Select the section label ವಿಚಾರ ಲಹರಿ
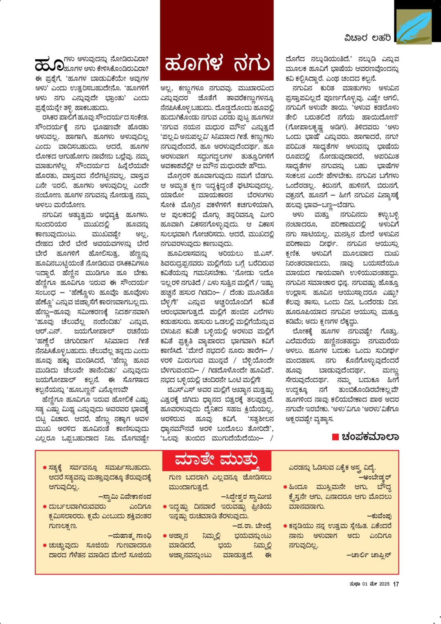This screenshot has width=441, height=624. pos(367,38)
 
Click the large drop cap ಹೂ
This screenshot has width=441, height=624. pos(49,65)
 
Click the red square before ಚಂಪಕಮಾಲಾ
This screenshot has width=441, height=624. pos(335,437)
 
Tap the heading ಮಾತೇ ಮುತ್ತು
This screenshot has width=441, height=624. pos(217,460)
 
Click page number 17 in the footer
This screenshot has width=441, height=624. pos(396,584)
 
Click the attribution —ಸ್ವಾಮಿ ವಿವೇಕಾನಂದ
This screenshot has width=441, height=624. pos(125,497)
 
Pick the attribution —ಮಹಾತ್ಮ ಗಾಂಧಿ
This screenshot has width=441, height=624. pos(130,536)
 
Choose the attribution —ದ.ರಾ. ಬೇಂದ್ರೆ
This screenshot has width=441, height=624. pos(252,526)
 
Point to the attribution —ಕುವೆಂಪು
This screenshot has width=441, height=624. pos(379,516)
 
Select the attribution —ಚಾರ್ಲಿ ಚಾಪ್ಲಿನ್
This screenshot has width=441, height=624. pos(369,555)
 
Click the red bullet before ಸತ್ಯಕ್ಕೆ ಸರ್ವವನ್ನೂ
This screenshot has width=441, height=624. pos(45,468)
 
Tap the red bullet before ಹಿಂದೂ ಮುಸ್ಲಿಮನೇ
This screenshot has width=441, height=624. pos(285,487)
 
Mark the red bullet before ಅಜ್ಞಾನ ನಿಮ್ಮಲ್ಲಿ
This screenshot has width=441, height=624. pos(165,536)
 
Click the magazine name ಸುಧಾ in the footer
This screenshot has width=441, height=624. pos(355,584)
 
